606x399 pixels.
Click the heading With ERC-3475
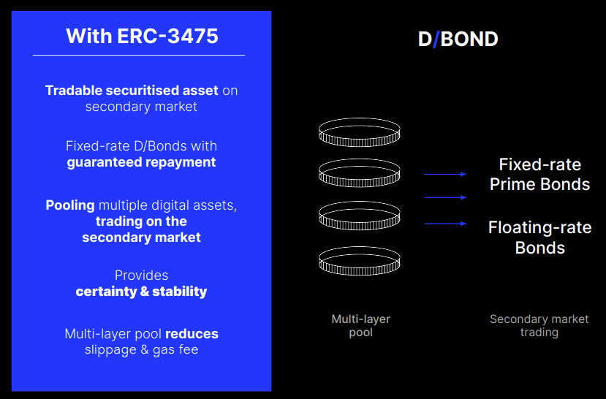[142, 36]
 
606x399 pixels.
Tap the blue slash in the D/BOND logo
[436, 39]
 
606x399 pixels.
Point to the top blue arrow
[446, 174]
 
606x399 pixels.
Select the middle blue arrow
[446, 197]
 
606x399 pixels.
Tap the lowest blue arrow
[446, 224]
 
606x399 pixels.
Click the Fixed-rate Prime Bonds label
[539, 175]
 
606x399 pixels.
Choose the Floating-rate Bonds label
[539, 237]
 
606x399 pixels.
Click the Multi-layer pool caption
[360, 326]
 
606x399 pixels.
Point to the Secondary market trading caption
[539, 326]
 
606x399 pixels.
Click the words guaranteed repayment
[141, 162]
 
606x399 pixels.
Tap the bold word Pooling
[70, 205]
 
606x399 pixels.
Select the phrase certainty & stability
[141, 292]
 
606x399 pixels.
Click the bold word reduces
[192, 334]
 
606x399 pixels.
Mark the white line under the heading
[139, 56]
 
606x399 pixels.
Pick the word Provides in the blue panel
[142, 275]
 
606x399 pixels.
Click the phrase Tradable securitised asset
[132, 91]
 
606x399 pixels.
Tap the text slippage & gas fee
[141, 350]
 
